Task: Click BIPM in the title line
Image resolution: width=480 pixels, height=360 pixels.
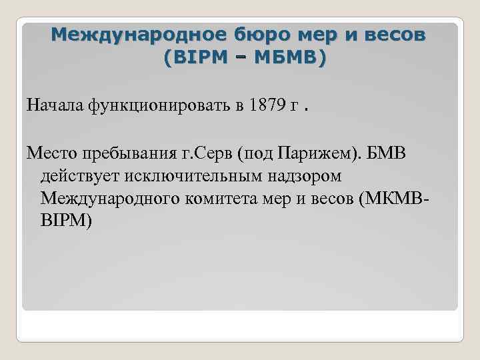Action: coord(201,59)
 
